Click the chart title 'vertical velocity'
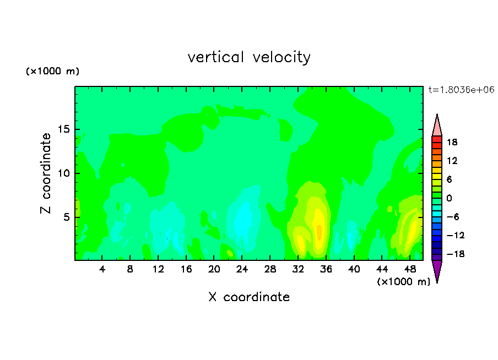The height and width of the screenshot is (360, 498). click(249, 57)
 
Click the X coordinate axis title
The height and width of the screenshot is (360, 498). click(249, 297)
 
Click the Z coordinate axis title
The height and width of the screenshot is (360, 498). click(46, 173)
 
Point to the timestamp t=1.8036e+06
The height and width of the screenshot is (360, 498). click(461, 90)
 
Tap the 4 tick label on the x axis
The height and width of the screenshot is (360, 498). click(102, 269)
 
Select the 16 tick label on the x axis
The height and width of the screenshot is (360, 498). click(186, 269)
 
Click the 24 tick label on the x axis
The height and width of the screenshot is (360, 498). click(242, 269)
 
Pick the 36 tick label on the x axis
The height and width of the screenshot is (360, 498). click(326, 269)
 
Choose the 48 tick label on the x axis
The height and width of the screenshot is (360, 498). click(410, 269)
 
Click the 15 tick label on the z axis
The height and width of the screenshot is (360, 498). click(63, 129)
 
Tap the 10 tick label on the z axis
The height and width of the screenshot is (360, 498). click(63, 173)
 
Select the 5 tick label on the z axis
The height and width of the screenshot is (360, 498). click(66, 217)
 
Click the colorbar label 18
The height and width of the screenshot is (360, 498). click(452, 142)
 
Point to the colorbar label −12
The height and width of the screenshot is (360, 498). click(456, 235)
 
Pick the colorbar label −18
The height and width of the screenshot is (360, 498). click(456, 254)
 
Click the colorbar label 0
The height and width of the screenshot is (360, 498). click(449, 198)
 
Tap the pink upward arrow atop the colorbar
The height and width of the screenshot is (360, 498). click(437, 127)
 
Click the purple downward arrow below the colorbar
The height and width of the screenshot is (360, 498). click(437, 270)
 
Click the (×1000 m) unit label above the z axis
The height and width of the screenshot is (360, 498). click(52, 71)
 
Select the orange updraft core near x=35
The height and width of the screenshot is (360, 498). click(319, 232)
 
